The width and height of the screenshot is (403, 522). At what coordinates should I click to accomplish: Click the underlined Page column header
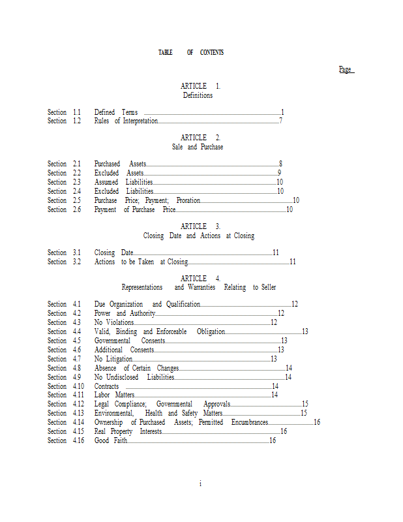346,69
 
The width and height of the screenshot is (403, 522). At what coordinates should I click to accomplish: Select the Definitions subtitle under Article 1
198,95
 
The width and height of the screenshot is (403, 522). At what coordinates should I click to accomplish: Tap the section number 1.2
77,121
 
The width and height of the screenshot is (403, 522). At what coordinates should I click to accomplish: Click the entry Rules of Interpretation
126,121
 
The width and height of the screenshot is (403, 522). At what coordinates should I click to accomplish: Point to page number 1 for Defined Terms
282,112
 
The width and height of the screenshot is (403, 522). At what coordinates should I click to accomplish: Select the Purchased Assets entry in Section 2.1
120,164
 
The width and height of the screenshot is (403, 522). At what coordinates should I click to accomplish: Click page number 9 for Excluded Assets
279,173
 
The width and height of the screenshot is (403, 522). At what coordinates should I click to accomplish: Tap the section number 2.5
77,200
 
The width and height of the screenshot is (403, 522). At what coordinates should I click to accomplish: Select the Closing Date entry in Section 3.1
113,253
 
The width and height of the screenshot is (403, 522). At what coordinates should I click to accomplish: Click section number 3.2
77,262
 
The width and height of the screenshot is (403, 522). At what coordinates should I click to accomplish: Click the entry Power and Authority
125,313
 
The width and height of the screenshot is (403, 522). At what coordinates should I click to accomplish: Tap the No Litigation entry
113,359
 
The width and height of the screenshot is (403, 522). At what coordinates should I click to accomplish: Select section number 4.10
78,386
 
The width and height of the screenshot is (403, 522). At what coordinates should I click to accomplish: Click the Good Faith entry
110,440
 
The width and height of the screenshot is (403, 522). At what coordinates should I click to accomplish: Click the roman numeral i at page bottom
200,484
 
